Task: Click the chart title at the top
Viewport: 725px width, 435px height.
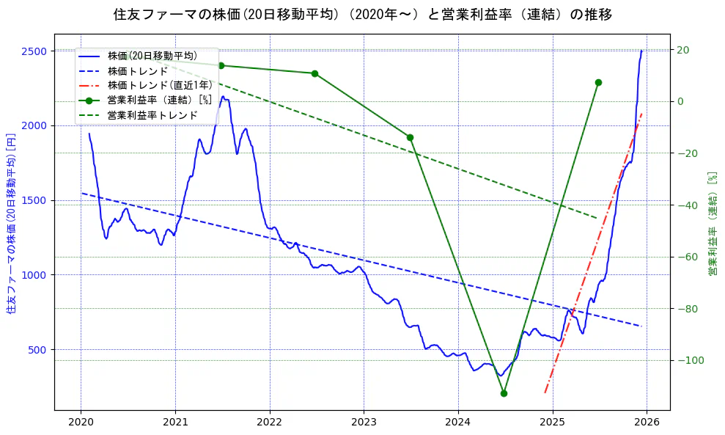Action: [362, 15]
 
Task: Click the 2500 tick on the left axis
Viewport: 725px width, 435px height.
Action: [34, 51]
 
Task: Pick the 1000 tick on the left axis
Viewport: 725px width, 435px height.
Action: [34, 275]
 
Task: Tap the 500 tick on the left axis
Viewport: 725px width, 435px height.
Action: [37, 350]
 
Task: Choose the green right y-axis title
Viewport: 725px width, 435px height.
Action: [711, 224]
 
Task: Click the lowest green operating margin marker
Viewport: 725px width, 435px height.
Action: [504, 393]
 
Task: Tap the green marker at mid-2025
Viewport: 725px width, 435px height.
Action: [598, 82]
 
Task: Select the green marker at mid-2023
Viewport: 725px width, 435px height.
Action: [410, 137]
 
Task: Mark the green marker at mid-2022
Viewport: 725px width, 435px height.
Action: [314, 73]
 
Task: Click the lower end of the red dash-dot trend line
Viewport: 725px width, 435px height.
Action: [545, 392]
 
